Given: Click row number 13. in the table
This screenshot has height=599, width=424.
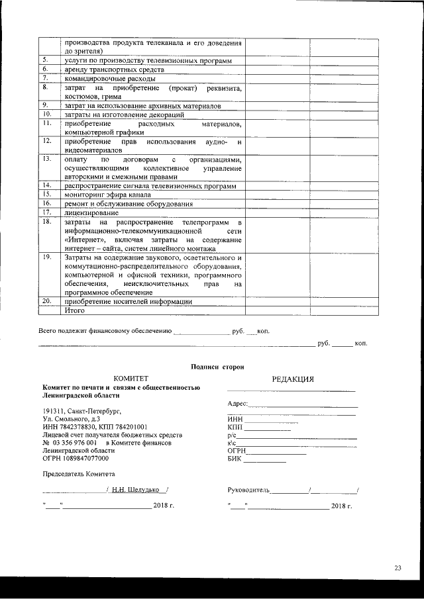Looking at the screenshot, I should click(x=46, y=160).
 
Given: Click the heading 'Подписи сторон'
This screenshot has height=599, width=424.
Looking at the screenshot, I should click(x=217, y=366).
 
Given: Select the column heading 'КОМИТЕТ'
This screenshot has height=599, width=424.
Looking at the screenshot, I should click(x=131, y=379).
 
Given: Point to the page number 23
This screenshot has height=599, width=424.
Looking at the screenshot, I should click(x=397, y=567).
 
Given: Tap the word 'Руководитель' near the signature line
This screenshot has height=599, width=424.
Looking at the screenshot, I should click(x=248, y=490).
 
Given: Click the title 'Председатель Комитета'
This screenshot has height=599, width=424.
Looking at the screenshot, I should click(x=79, y=474).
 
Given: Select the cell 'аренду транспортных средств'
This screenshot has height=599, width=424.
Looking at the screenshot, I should click(x=105, y=69).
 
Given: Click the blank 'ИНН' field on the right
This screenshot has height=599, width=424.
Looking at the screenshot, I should click(x=272, y=420).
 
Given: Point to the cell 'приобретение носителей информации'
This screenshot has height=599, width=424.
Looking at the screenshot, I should click(x=128, y=301).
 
